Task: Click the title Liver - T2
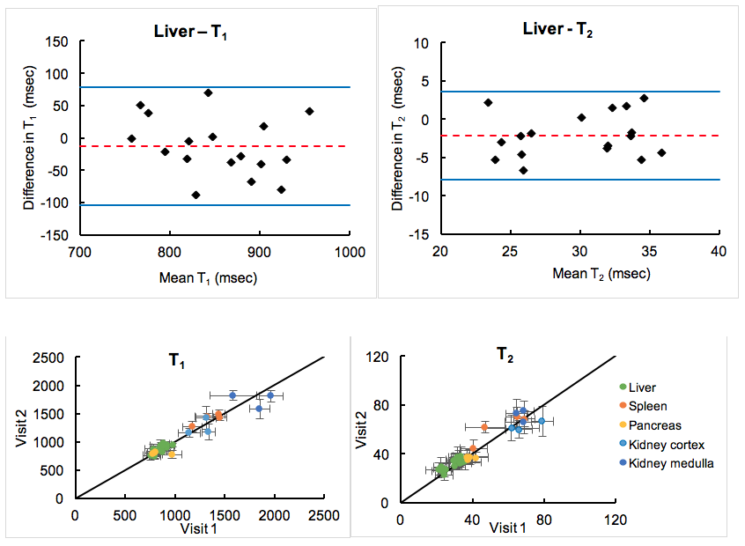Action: pos(557,28)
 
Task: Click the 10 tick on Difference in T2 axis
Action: pos(421,42)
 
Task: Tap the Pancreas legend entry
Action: pos(653,425)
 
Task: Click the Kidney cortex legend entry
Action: pos(662,445)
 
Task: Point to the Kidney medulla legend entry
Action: pos(667,464)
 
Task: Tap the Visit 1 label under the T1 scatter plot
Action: pos(199,529)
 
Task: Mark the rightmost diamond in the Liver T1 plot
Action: pos(309,111)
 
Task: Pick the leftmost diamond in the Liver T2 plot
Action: pos(488,102)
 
